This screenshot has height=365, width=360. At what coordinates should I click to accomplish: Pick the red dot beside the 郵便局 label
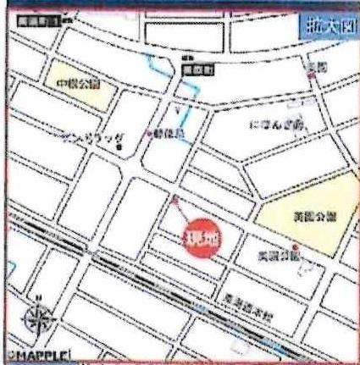point(151,133)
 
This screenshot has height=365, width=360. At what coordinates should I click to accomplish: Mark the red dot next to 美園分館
point(294,247)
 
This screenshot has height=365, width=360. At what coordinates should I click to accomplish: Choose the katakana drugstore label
point(93,136)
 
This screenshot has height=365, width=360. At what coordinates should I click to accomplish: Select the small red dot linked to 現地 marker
point(175,201)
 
